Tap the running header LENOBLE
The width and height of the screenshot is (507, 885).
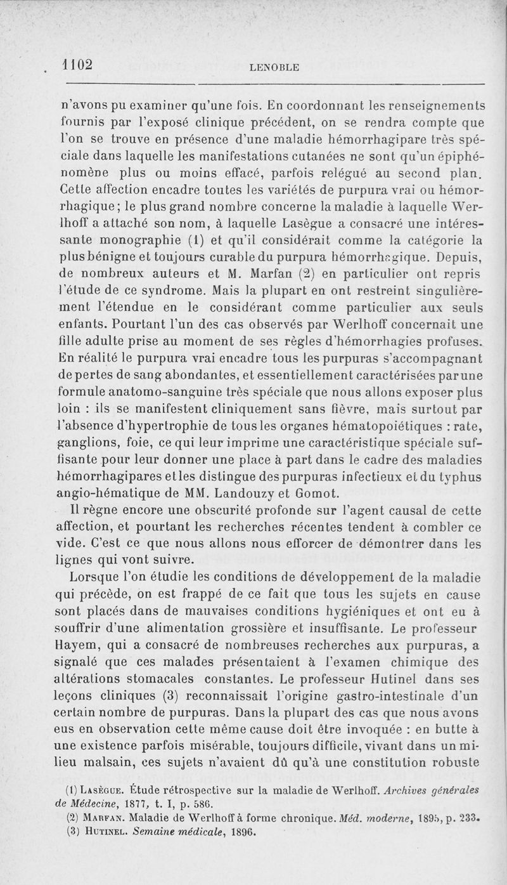pyautogui.click(x=274, y=66)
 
